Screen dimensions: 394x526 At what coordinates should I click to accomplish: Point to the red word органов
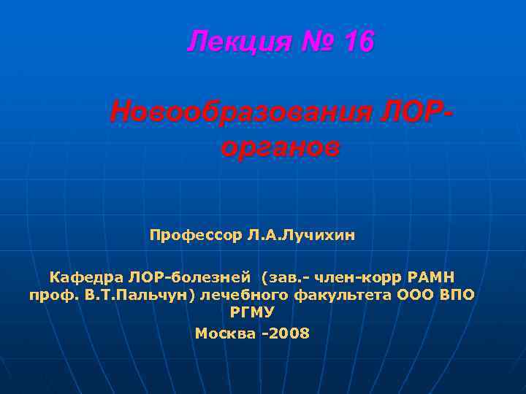click(x=280, y=147)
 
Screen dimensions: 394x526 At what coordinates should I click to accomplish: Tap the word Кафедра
click(x=87, y=277)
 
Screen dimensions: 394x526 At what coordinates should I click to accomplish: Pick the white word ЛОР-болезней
click(x=189, y=277)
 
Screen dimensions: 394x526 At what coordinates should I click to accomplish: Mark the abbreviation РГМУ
click(x=252, y=313)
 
